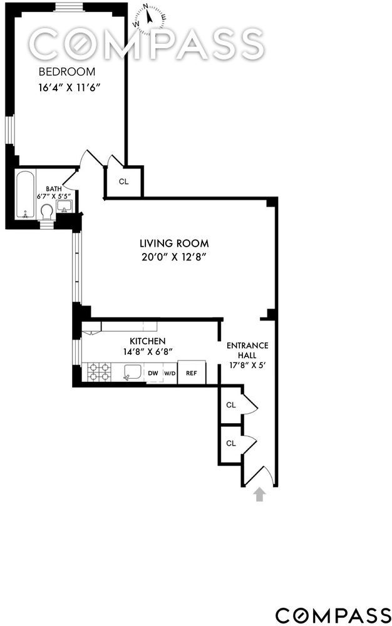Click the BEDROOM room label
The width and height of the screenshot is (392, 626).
pyautogui.click(x=66, y=72)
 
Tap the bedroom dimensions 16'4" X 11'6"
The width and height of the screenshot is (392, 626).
pyautogui.click(x=68, y=88)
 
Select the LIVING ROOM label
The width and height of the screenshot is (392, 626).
pyautogui.click(x=174, y=243)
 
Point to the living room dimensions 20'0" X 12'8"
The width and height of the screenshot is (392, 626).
pyautogui.click(x=173, y=257)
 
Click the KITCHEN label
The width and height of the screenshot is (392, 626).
pyautogui.click(x=148, y=341)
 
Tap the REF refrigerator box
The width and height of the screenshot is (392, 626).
pyautogui.click(x=192, y=372)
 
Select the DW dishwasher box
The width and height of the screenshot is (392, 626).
pyautogui.click(x=153, y=373)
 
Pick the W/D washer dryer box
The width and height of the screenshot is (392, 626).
pyautogui.click(x=170, y=373)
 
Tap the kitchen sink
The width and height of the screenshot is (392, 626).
pyautogui.click(x=132, y=372)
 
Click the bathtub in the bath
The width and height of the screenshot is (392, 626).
pyautogui.click(x=26, y=195)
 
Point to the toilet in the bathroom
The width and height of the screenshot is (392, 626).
pyautogui.click(x=48, y=212)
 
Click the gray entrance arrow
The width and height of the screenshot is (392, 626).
pyautogui.click(x=260, y=495)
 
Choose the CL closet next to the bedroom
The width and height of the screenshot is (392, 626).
pyautogui.click(x=124, y=182)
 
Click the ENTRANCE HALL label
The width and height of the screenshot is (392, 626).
pyautogui.click(x=247, y=350)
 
